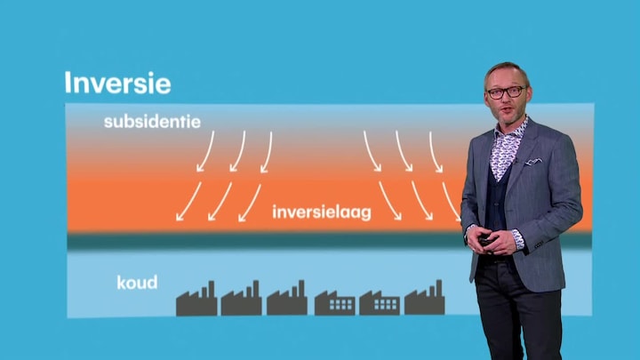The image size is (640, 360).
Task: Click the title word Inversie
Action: pyautogui.click(x=117, y=84)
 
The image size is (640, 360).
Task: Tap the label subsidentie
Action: pyautogui.click(x=152, y=122)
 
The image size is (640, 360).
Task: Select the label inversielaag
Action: pyautogui.click(x=322, y=212)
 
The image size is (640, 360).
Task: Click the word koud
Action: pyautogui.click(x=137, y=283)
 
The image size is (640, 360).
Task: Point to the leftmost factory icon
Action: pyautogui.click(x=196, y=299)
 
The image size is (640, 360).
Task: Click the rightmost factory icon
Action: pyautogui.click(x=425, y=297)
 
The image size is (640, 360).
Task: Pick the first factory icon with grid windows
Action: pyautogui.click(x=335, y=302)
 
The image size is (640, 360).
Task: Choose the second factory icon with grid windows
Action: pyautogui.click(x=380, y=302)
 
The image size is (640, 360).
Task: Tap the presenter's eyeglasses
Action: pyautogui.click(x=507, y=92)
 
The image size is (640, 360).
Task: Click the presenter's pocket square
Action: pyautogui.click(x=533, y=162)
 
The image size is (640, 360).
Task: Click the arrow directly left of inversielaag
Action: pyautogui.click(x=250, y=203)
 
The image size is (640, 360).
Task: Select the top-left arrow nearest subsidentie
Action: pyautogui.click(x=205, y=151)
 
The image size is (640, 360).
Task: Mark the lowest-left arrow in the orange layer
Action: pyautogui.click(x=188, y=202)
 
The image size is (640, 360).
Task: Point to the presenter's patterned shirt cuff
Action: pyautogui.click(x=517, y=239)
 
